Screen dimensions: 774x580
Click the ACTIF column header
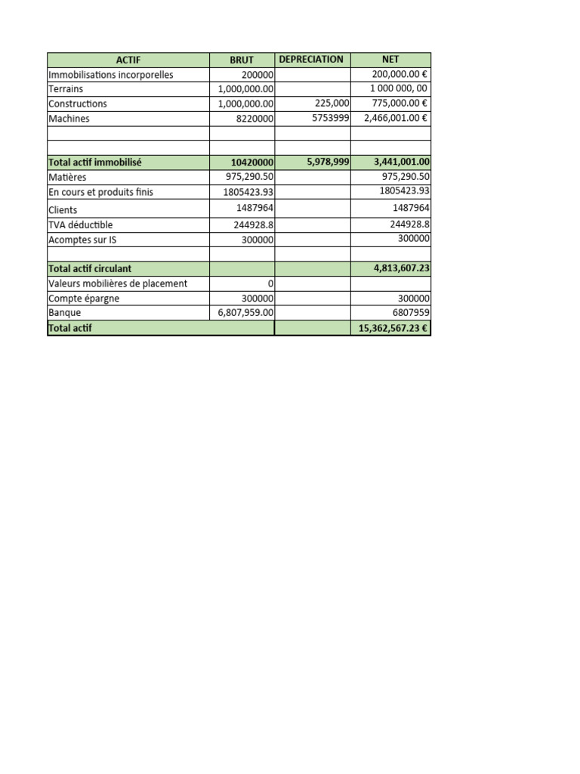128,60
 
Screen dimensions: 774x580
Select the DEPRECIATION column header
311,60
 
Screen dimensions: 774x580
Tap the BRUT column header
242,60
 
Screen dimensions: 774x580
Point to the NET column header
390,60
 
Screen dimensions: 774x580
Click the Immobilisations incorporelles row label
110,75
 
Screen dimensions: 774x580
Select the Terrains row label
66,89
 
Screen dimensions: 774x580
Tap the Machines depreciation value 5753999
330,119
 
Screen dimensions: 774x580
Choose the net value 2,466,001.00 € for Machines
396,119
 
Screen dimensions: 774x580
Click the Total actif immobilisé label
94,162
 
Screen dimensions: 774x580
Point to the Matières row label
67,177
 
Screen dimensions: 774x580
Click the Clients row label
63,210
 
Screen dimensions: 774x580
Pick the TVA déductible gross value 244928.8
254,224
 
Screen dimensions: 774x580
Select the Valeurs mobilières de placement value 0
270,283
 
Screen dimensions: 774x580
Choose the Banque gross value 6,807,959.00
245,312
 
